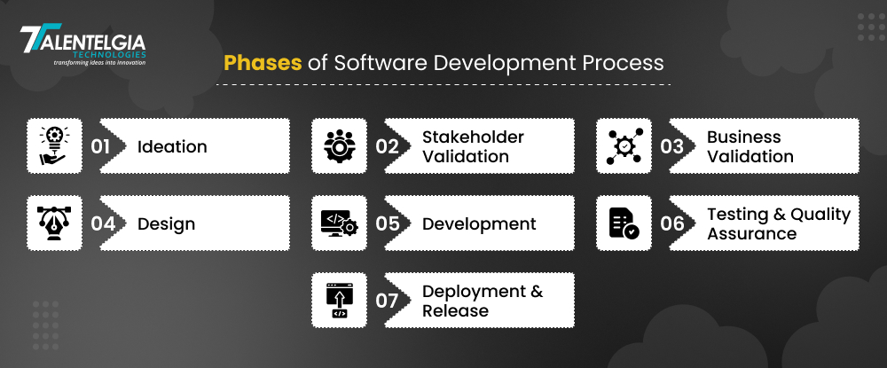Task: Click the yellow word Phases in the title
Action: pos(263,63)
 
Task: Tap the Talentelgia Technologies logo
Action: pos(82,45)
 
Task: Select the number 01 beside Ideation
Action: pos(100,146)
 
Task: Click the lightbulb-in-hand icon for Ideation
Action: pos(54,145)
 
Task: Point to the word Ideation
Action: pos(172,146)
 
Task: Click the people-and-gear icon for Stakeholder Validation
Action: pos(340,145)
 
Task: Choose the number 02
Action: pos(387,146)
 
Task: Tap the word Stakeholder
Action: pos(473,137)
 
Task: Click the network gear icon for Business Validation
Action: pos(624,145)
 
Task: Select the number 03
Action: pos(672,146)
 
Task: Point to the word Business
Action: pos(744,137)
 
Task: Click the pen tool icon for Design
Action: pos(54,223)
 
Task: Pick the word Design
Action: pos(167,223)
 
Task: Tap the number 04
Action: pos(103,223)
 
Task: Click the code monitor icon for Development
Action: pos(340,223)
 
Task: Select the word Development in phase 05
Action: pos(479,223)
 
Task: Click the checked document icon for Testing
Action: pos(624,223)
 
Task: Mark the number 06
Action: pos(672,223)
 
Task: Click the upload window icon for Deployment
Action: pos(340,301)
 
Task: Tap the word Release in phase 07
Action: pos(455,310)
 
